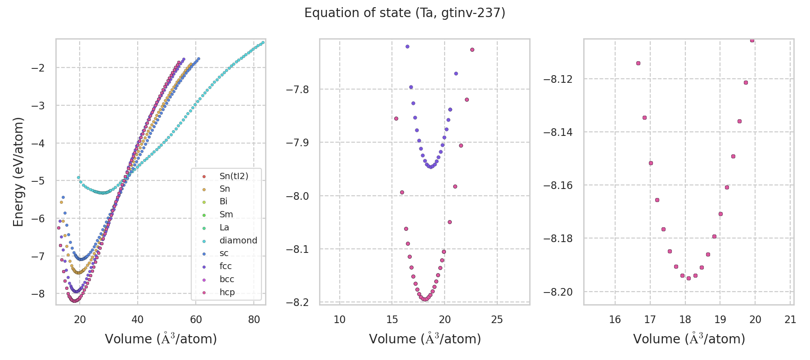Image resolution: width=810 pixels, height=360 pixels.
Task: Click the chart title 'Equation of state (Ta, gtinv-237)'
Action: coord(405,13)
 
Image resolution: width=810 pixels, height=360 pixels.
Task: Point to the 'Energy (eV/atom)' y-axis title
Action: coord(18,172)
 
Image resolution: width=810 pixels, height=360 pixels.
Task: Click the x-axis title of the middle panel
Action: coord(425,339)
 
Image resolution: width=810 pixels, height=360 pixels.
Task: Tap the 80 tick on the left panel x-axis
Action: coord(254,319)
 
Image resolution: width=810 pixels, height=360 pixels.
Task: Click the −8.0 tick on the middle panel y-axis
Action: coord(297,196)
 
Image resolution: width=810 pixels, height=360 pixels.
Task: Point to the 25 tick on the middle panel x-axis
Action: coord(497,319)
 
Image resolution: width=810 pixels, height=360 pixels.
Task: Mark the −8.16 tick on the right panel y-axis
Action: coord(558,185)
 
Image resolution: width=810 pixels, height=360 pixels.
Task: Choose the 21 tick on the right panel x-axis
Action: coord(790,319)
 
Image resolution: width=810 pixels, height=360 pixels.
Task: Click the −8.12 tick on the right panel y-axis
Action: coord(558,79)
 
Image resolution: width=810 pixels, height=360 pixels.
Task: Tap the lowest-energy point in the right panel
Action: coord(688,278)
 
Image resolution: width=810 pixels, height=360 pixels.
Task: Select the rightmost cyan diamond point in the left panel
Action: coord(263,43)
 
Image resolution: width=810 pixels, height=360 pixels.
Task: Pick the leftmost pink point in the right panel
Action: coord(638,63)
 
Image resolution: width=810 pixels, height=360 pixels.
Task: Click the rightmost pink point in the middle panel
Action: coord(472,49)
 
